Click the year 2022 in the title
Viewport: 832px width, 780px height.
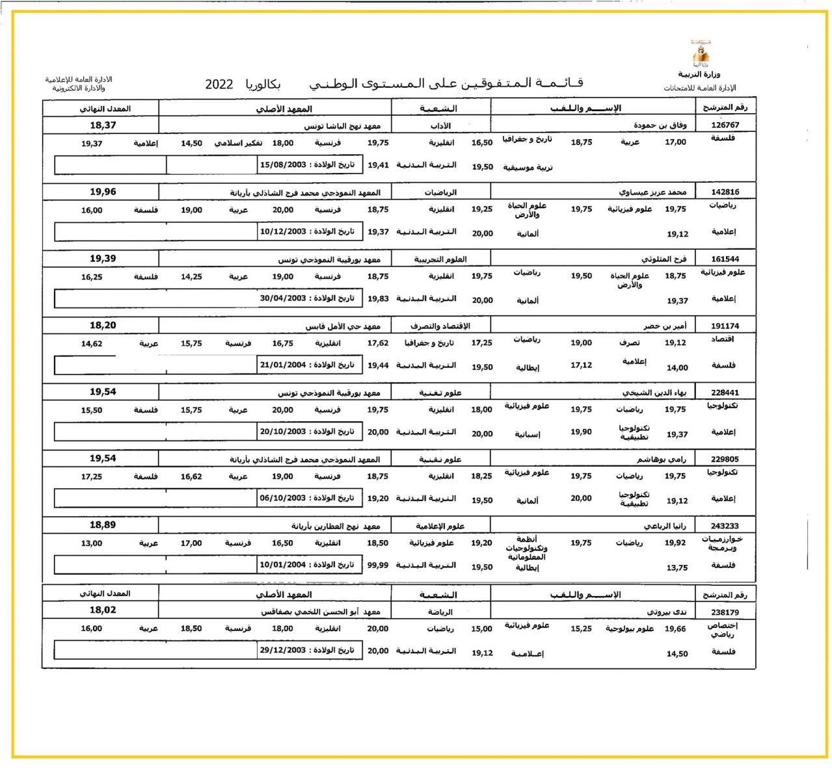pyautogui.click(x=219, y=84)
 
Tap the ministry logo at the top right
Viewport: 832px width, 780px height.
pyautogui.click(x=701, y=53)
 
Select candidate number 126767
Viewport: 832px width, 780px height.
pyautogui.click(x=725, y=125)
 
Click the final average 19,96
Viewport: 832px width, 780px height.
pyautogui.click(x=103, y=192)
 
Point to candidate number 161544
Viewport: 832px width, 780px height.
pyautogui.click(x=725, y=259)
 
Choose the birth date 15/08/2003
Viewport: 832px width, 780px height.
pyautogui.click(x=283, y=165)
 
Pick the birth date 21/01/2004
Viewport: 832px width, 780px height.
pyautogui.click(x=283, y=365)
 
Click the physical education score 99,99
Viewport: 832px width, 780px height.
pyautogui.click(x=378, y=565)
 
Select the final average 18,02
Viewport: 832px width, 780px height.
pyautogui.click(x=103, y=610)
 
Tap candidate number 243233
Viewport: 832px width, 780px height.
pyautogui.click(x=725, y=526)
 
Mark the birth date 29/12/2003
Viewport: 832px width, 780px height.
pyautogui.click(x=283, y=651)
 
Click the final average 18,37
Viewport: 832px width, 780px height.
pyautogui.click(x=103, y=125)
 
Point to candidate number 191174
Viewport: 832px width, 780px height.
pyautogui.click(x=725, y=326)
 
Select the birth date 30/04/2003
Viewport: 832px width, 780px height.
pyautogui.click(x=283, y=298)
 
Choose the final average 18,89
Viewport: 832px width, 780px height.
pyautogui.click(x=103, y=525)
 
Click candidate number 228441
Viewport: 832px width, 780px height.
pyautogui.click(x=725, y=393)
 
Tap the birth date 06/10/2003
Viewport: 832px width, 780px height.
pyautogui.click(x=283, y=499)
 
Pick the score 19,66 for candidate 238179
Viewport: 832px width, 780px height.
pyautogui.click(x=675, y=629)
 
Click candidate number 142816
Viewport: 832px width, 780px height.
pyautogui.click(x=725, y=192)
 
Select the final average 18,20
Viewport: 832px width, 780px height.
pyautogui.click(x=103, y=326)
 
